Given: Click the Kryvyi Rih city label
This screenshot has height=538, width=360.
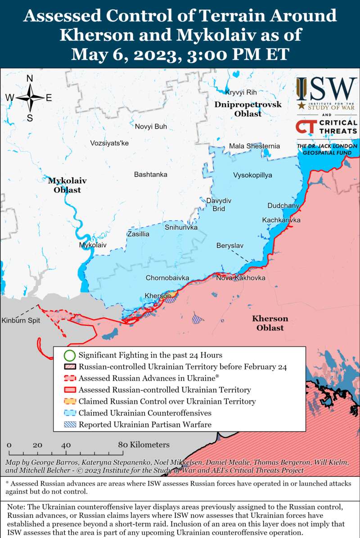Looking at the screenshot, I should pyautogui.click(x=241, y=92).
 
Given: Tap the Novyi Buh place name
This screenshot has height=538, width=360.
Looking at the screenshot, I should pyautogui.click(x=151, y=127).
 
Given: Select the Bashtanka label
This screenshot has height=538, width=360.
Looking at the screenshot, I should pyautogui.click(x=151, y=175).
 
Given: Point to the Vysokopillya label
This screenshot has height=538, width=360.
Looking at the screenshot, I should pyautogui.click(x=252, y=175).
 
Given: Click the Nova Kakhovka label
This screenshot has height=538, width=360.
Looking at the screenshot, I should pyautogui.click(x=241, y=278).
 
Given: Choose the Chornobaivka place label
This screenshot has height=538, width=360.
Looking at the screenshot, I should pyautogui.click(x=167, y=278).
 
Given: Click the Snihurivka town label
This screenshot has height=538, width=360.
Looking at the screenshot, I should pyautogui.click(x=181, y=228).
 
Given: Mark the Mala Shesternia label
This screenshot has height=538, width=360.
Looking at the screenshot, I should pyautogui.click(x=254, y=146).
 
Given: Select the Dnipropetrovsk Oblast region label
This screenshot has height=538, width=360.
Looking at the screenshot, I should pyautogui.click(x=248, y=109).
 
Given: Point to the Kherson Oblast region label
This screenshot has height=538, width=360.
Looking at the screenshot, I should pyautogui.click(x=270, y=323).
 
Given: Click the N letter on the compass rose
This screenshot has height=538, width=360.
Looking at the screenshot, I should pyautogui.click(x=30, y=79).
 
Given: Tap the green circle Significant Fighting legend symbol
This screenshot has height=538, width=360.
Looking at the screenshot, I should pyautogui.click(x=69, y=355).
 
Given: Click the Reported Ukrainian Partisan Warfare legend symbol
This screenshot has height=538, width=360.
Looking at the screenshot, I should pyautogui.click(x=69, y=424).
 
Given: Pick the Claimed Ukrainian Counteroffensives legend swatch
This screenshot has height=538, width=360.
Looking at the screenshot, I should pyautogui.click(x=69, y=413).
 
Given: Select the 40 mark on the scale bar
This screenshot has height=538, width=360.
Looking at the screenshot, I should pyautogui.click(x=66, y=445).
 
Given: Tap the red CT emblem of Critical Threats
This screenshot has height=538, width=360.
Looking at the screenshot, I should pyautogui.click(x=306, y=127).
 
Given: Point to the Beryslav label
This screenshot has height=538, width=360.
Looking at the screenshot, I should pyautogui.click(x=230, y=246).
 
